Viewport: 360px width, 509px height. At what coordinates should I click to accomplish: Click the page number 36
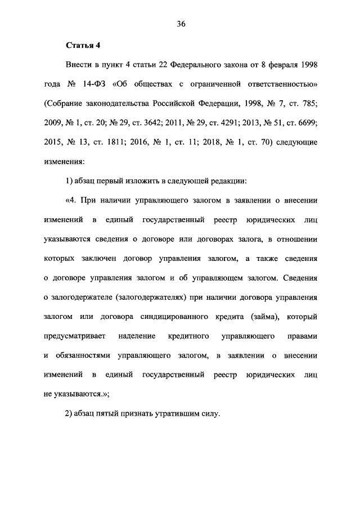(180, 24)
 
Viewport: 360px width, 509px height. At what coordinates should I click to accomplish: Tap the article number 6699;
(306, 123)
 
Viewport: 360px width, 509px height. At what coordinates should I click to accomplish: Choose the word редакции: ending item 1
(227, 181)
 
